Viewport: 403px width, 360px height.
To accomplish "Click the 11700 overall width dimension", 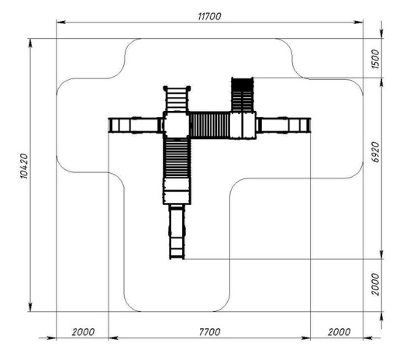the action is pyautogui.click(x=209, y=16).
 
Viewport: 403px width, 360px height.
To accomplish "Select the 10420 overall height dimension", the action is pyautogui.click(x=24, y=166).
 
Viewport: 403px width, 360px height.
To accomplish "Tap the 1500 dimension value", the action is pyautogui.click(x=375, y=59).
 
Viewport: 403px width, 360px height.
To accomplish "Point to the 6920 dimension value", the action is pyautogui.click(x=376, y=152).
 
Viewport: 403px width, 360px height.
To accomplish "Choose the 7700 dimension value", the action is pyautogui.click(x=209, y=332).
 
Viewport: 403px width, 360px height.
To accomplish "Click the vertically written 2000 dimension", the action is pyautogui.click(x=375, y=284).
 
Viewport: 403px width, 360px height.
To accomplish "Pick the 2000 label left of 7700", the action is pyautogui.click(x=83, y=332).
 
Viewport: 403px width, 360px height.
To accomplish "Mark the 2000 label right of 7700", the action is pyautogui.click(x=339, y=332).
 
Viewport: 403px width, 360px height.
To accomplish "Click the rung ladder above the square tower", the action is pyautogui.click(x=177, y=99).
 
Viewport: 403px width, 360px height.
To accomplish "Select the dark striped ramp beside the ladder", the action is pyautogui.click(x=242, y=95).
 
